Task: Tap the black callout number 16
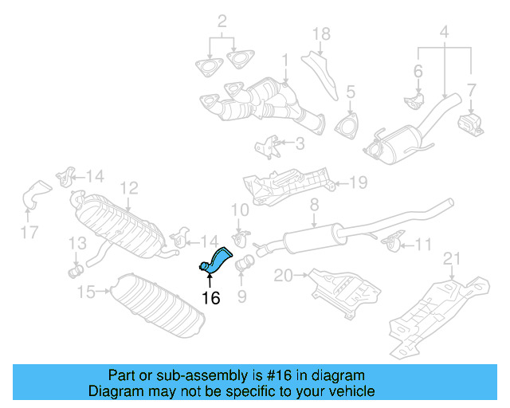(x=210, y=299)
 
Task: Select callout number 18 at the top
(x=320, y=33)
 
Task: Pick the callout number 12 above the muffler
(x=129, y=188)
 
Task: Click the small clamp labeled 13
(x=76, y=270)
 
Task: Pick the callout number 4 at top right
(x=445, y=33)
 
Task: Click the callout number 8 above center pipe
(x=314, y=205)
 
